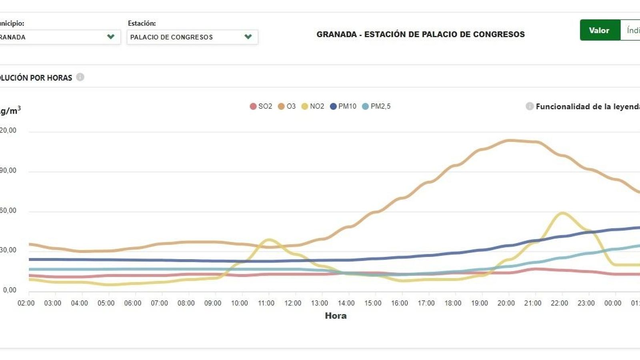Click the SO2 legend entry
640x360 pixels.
(x=261, y=106)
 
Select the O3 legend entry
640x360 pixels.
(x=287, y=106)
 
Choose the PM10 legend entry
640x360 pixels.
(x=343, y=106)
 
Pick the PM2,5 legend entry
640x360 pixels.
(x=376, y=106)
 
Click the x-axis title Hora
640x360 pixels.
(x=336, y=316)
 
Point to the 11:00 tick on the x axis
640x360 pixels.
(x=266, y=303)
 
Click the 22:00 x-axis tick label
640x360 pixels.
(x=559, y=303)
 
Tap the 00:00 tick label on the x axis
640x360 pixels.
(x=612, y=303)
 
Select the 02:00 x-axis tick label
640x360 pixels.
(x=26, y=303)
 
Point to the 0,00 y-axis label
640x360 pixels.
(x=10, y=290)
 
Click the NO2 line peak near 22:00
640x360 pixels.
(x=562, y=213)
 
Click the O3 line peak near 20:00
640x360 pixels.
(x=509, y=140)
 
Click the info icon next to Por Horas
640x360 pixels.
(x=80, y=77)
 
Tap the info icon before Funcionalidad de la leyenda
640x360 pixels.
(x=529, y=106)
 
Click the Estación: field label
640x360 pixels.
(x=142, y=23)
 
